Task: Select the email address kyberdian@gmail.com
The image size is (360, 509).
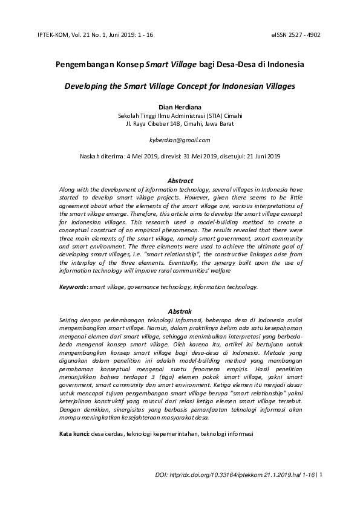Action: [x=180, y=140]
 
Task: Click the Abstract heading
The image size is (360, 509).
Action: [x=180, y=181]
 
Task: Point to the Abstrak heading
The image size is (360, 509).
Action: [x=180, y=311]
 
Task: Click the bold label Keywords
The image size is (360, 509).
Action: [x=73, y=287]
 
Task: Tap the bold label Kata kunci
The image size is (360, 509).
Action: [x=73, y=434]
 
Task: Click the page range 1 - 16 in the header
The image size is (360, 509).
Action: [x=145, y=34]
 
